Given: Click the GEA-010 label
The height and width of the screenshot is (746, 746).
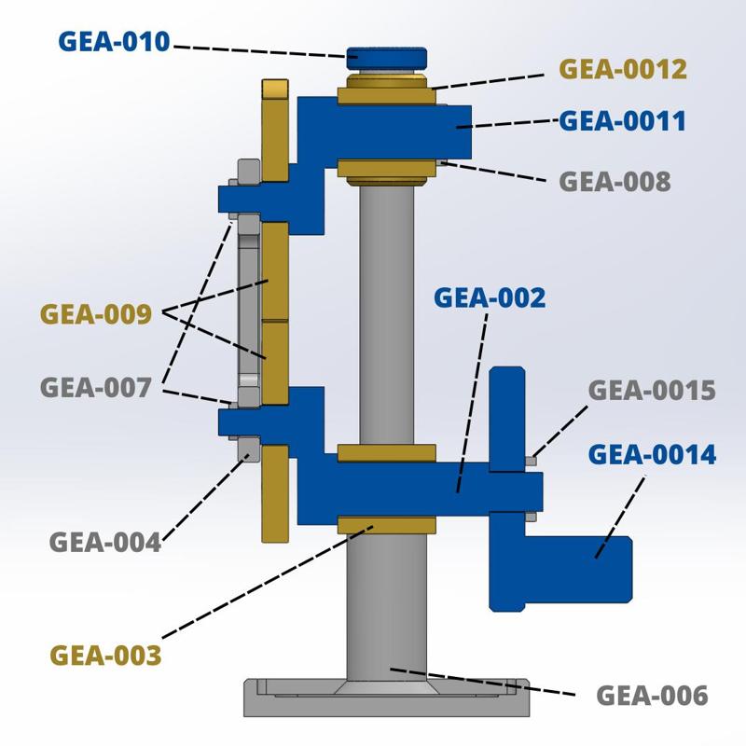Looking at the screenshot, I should point(114,42).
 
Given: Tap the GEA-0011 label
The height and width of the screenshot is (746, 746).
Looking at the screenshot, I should point(622,120).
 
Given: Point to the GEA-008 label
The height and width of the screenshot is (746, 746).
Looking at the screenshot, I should point(615,181).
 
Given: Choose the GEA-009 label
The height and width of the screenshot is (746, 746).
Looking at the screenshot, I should point(95,314).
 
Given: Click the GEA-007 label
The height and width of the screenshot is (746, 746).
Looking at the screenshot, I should point(95,387).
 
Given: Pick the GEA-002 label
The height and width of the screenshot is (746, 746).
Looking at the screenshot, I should point(490,297).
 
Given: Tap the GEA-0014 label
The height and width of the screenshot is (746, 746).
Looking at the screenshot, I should point(652,455).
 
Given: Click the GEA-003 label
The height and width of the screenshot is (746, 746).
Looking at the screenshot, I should point(105,655).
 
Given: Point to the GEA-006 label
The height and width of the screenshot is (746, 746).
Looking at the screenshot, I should point(652,696).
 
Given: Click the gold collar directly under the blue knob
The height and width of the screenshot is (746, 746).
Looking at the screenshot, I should point(387,94).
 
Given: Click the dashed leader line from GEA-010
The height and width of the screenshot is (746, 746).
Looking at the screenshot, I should point(261,49).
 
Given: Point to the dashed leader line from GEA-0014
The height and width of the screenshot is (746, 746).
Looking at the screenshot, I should point(620,518).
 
